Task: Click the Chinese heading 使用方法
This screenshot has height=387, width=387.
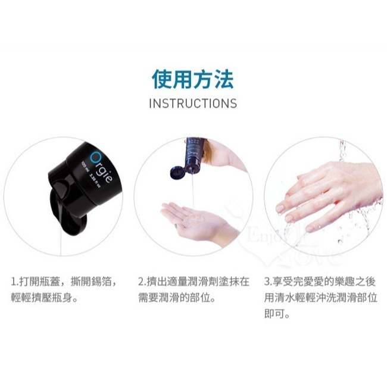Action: tap(193, 78)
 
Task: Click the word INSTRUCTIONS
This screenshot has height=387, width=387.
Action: tap(193, 103)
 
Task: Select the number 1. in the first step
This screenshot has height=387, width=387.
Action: tap(15, 280)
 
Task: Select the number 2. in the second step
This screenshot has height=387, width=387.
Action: tap(142, 280)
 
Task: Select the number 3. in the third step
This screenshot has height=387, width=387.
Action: tap(268, 280)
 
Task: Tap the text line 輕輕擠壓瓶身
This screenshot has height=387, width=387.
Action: tap(45, 297)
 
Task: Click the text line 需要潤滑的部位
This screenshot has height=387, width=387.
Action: tap(176, 297)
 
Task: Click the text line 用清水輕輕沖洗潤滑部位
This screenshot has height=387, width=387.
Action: tap(322, 297)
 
